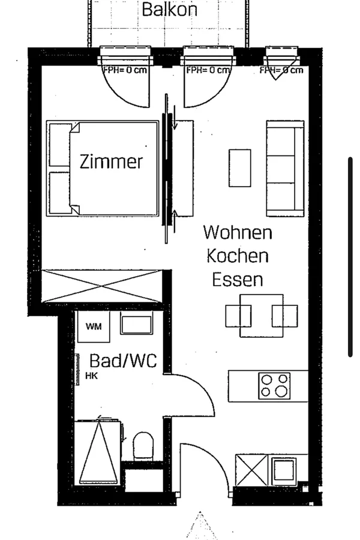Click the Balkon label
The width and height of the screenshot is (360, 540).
(169, 9)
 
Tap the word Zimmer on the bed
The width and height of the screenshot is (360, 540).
(111, 161)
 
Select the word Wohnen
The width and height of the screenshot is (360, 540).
(238, 232)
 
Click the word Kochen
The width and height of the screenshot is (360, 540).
(238, 256)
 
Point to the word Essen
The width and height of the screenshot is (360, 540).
(238, 279)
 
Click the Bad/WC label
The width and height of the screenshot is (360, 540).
(123, 361)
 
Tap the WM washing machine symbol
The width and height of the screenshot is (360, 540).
(94, 326)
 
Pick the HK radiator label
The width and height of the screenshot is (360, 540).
(92, 376)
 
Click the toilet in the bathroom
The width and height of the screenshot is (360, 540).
(143, 445)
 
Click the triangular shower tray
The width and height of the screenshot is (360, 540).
(99, 452)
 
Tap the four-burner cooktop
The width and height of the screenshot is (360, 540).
(274, 386)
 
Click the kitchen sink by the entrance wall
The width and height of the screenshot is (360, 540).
(284, 470)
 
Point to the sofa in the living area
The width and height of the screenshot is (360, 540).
(285, 169)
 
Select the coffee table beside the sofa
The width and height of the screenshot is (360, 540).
(240, 168)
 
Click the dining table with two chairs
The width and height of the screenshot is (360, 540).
(262, 316)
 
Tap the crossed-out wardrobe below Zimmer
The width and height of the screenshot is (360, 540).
(102, 286)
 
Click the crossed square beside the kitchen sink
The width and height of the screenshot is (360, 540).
(251, 470)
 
